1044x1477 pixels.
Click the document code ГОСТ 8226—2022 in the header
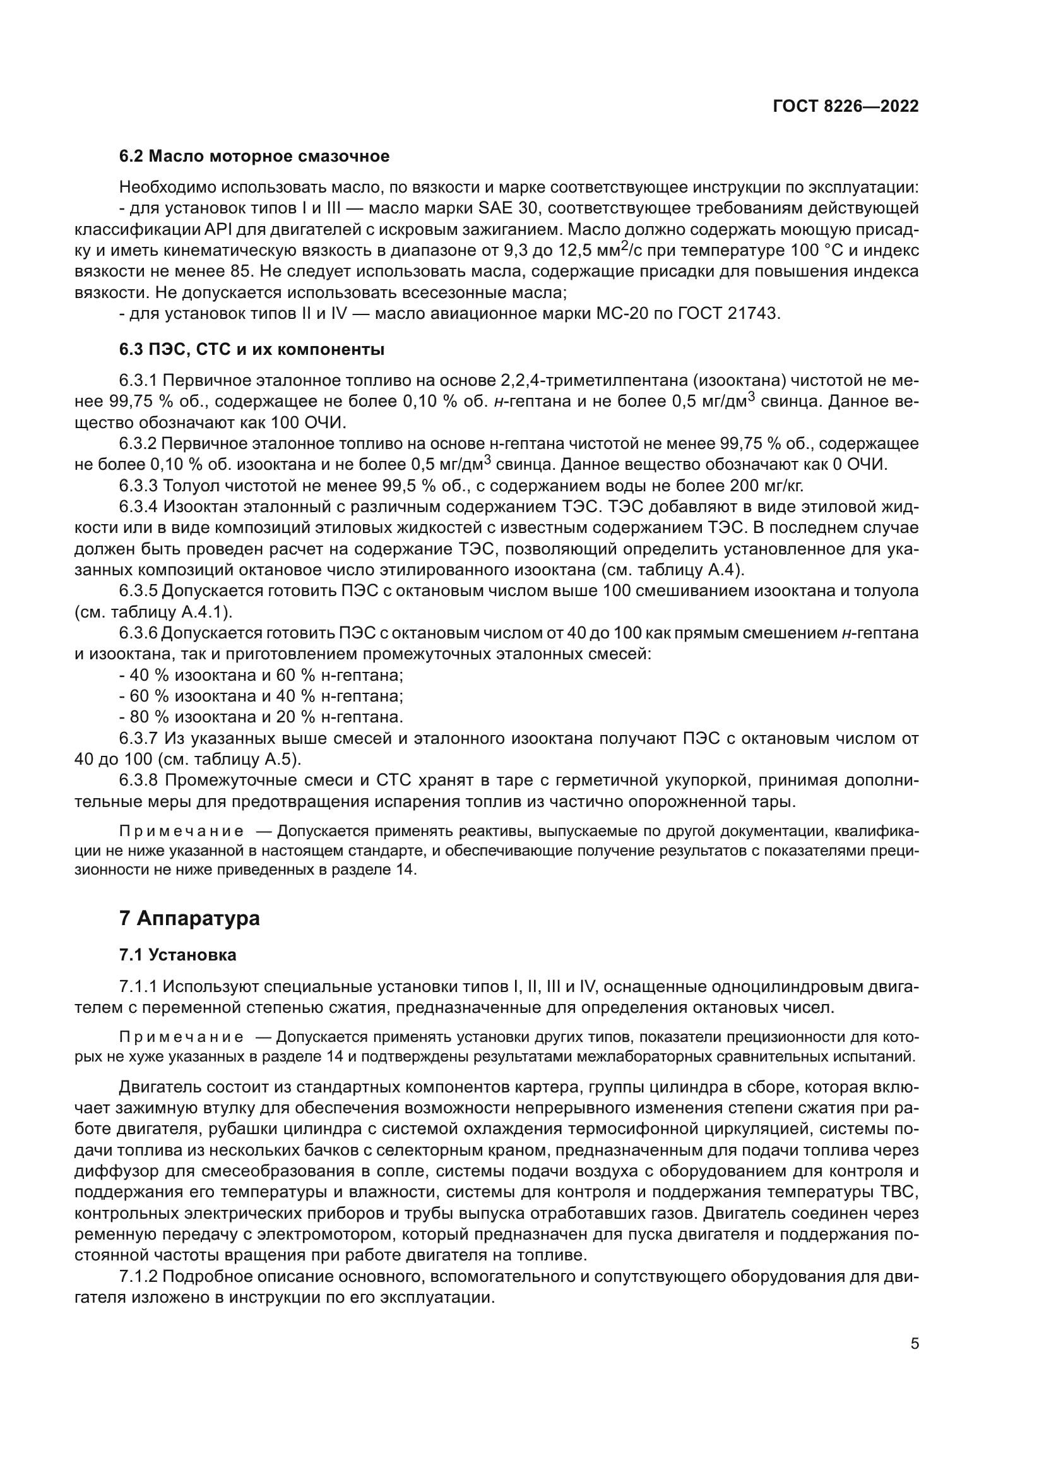[845, 107]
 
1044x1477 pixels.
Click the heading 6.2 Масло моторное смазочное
[254, 157]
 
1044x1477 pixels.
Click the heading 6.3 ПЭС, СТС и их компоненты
[251, 350]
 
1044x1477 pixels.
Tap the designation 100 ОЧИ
[314, 422]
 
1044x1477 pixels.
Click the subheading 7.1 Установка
[177, 955]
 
